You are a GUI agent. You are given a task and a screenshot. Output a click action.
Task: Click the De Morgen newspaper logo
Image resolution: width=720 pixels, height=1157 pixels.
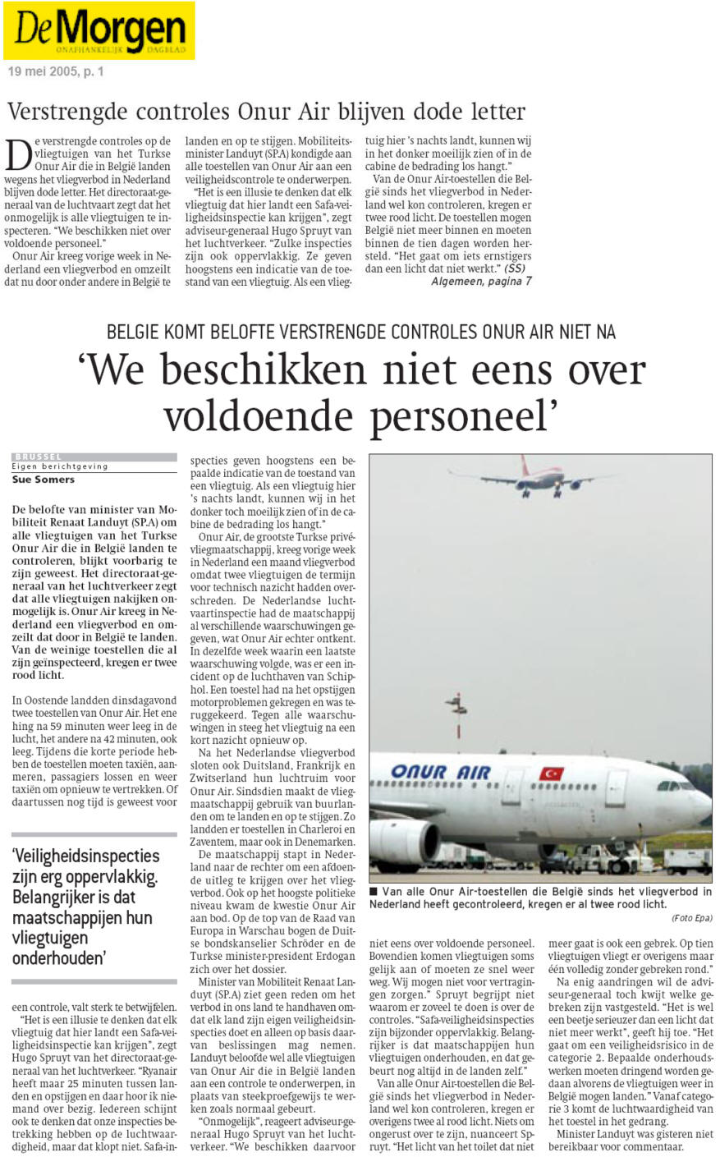click(x=99, y=31)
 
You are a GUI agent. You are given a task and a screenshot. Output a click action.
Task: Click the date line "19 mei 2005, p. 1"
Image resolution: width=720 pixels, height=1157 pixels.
click(x=56, y=71)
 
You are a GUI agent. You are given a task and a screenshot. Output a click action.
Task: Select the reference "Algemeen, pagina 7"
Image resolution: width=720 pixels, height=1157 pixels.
click(x=481, y=282)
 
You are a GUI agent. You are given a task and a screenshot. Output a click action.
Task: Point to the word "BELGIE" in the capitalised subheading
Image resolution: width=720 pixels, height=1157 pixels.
click(x=135, y=332)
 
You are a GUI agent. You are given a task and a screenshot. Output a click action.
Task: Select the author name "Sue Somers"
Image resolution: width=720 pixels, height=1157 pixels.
click(x=43, y=480)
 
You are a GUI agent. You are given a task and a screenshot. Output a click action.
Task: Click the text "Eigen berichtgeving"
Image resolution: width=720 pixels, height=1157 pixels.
click(x=59, y=466)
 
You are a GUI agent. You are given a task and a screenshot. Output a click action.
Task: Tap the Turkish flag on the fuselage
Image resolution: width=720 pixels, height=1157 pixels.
click(x=551, y=773)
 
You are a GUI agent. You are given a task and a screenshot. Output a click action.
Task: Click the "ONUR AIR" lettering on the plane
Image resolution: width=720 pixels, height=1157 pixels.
click(x=440, y=772)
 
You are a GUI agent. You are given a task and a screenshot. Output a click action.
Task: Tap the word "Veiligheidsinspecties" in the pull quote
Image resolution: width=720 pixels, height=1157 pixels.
click(x=85, y=856)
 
